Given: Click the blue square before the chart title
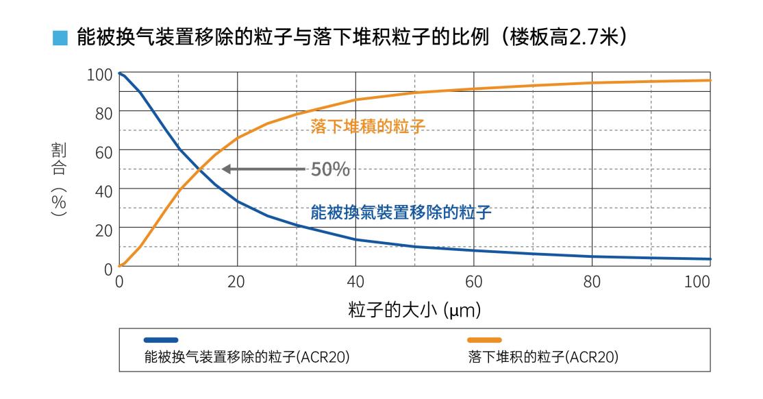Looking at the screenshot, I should [x=60, y=37].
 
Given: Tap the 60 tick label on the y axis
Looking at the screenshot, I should [x=103, y=152].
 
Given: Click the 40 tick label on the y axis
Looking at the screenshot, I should [x=103, y=190].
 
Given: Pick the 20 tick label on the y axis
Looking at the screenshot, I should [x=103, y=229].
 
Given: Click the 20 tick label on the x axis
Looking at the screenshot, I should [x=237, y=281].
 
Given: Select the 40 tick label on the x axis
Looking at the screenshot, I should [x=355, y=281].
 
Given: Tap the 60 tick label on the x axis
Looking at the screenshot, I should [x=474, y=281].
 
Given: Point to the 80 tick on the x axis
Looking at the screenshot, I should [x=592, y=281].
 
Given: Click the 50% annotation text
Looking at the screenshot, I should [x=330, y=169].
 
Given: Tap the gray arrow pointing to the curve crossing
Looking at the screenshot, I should [x=264, y=169].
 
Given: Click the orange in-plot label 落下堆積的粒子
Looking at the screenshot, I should [x=367, y=126].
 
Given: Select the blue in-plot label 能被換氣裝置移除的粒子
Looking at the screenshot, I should [x=401, y=212].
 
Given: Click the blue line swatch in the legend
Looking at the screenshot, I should [x=161, y=339].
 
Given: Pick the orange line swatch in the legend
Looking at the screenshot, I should [x=485, y=339].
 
